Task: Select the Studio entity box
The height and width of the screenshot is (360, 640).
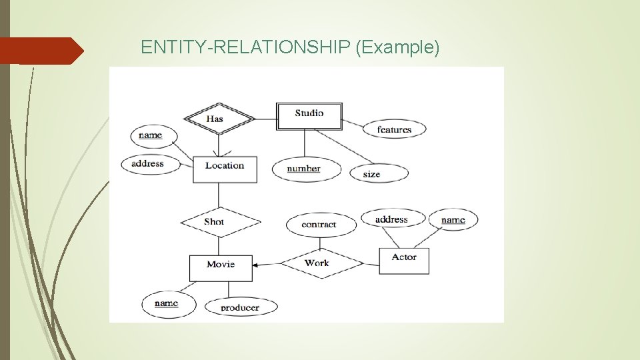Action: [x=309, y=115]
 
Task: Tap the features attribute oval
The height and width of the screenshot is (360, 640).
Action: [x=394, y=129]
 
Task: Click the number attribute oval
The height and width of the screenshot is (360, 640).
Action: [x=305, y=169]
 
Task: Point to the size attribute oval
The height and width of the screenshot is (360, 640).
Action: [x=378, y=173]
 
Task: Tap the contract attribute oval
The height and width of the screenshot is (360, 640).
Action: [x=320, y=225]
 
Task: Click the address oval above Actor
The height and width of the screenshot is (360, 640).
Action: [x=391, y=219]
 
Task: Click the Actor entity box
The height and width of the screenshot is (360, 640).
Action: [x=404, y=261]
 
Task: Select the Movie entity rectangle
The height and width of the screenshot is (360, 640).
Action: [x=221, y=267]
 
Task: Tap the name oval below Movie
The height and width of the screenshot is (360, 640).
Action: [x=168, y=304]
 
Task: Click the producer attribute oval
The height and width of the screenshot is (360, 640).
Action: [x=239, y=307]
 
